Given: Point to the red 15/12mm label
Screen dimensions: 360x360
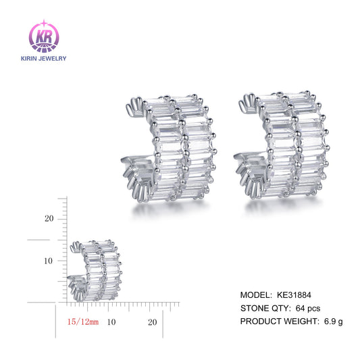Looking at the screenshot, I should (83, 322).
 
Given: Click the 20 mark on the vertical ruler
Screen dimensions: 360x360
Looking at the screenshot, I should (49, 219).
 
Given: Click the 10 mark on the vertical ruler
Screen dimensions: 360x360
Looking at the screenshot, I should (49, 261).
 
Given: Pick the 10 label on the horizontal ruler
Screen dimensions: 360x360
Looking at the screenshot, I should (111, 322).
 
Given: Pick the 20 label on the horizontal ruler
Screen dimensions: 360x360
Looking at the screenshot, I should (152, 322).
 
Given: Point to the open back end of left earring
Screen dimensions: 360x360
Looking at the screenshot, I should (134, 108).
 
